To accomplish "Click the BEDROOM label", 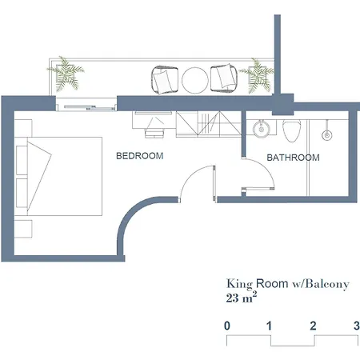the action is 140,156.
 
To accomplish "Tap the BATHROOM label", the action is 293,158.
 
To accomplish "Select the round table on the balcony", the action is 195,80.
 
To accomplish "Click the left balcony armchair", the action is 165,80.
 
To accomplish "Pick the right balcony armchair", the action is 224,78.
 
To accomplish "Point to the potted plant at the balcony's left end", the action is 66,74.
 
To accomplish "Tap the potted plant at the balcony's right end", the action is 258,75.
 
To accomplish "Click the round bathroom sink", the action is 262,129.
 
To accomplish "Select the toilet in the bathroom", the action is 291,130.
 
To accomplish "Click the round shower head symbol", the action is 327,135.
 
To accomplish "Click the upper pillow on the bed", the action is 22,160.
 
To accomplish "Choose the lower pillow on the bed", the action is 22,193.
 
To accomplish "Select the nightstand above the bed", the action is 23,128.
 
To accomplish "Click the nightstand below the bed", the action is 23,229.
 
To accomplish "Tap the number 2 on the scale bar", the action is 313,326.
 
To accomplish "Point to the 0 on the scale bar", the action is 227,326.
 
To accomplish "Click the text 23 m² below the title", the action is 242,298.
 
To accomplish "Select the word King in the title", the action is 239,284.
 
